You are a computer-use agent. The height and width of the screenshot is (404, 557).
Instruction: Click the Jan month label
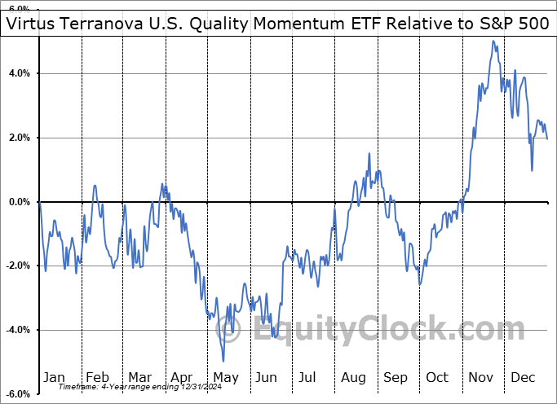pos(54,377)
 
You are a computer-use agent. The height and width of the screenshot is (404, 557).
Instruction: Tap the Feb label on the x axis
pos(97,377)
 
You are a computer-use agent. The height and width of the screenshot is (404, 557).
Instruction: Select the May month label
pos(225,377)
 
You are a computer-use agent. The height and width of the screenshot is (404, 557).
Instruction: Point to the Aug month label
pos(352,377)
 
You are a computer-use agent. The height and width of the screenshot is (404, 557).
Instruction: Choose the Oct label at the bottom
pos(437,377)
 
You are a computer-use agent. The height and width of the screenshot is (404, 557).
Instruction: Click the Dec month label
pos(523,377)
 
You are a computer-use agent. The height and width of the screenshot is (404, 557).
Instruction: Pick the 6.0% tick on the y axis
pos(18,9)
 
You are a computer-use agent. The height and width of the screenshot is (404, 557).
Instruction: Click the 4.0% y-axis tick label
pos(18,73)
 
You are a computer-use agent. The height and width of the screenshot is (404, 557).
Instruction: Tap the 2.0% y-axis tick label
pos(18,138)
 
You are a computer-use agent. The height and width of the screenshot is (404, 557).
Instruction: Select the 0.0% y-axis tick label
pos(18,201)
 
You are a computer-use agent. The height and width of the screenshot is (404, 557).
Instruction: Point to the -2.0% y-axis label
pos(16,266)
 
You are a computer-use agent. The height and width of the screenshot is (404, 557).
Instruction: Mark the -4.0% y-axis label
pos(16,330)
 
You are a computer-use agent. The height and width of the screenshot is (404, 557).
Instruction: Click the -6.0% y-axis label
pos(16,394)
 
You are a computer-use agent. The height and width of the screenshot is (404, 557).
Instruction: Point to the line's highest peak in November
pos(493,41)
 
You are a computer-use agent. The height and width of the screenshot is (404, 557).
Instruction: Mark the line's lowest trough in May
pos(223,361)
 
